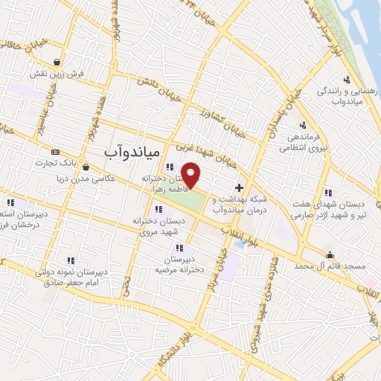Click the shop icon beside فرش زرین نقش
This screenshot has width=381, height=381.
pyautogui.click(x=57, y=63)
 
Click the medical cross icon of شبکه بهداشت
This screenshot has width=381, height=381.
pyautogui.click(x=238, y=188)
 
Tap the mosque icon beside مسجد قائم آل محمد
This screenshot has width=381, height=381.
pyautogui.click(x=330, y=254)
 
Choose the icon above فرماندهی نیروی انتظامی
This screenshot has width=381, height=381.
pyautogui.click(x=302, y=124)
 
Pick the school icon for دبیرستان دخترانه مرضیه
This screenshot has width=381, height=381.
pyautogui.click(x=179, y=247)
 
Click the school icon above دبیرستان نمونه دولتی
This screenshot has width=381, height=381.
pyautogui.click(x=71, y=260)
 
